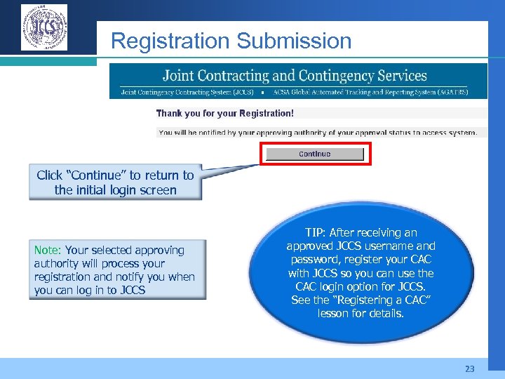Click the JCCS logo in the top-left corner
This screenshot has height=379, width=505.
(44, 27)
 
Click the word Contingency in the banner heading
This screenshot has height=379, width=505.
(328, 75)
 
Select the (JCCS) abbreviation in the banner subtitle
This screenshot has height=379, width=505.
(243, 91)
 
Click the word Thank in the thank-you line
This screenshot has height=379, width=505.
(169, 113)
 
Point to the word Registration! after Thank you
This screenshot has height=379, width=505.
(267, 113)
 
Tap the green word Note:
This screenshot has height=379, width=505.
(48, 250)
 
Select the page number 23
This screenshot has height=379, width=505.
(469, 368)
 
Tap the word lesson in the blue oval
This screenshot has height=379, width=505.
(335, 313)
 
